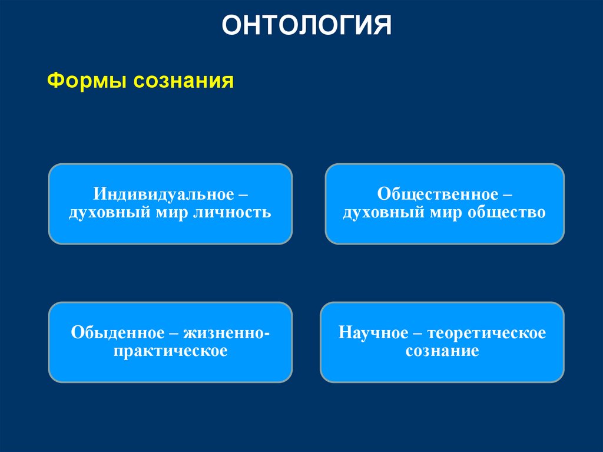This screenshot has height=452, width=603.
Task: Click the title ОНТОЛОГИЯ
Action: (306, 27)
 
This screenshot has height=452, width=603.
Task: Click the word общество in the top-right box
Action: (506, 212)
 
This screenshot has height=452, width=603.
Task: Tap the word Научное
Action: (373, 333)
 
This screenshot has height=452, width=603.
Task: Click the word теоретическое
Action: (487, 333)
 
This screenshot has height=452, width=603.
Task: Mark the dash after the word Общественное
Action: (507, 194)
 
